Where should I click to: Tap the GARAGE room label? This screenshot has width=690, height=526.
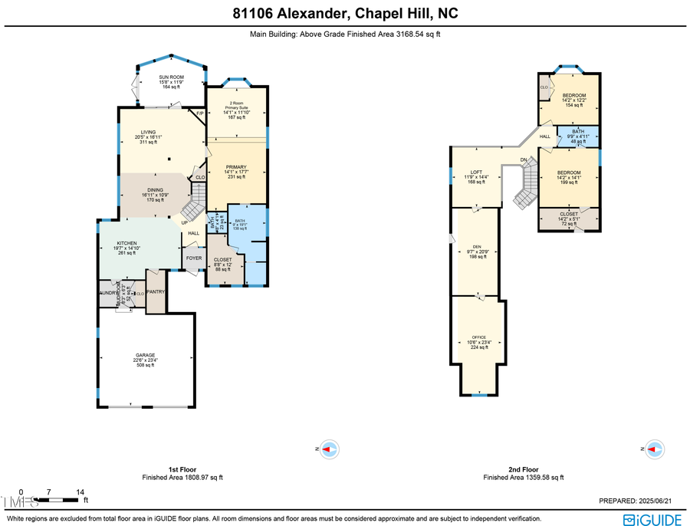(146, 355)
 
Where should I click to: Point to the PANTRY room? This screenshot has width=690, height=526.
(156, 291)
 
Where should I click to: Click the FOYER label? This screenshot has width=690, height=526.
(194, 258)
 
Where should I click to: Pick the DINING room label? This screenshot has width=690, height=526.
(156, 189)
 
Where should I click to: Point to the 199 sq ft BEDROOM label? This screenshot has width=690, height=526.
(568, 173)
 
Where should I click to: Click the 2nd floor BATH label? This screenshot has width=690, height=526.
(575, 131)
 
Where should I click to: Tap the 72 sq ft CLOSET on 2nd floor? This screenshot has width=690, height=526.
(569, 215)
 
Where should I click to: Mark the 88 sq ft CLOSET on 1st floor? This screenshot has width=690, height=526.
(223, 260)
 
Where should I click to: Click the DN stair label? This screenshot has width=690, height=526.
(524, 159)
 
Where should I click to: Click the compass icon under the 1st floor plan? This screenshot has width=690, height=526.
(328, 449)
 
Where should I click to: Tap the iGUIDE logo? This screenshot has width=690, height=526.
(652, 519)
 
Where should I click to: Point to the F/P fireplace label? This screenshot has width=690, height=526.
(199, 113)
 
